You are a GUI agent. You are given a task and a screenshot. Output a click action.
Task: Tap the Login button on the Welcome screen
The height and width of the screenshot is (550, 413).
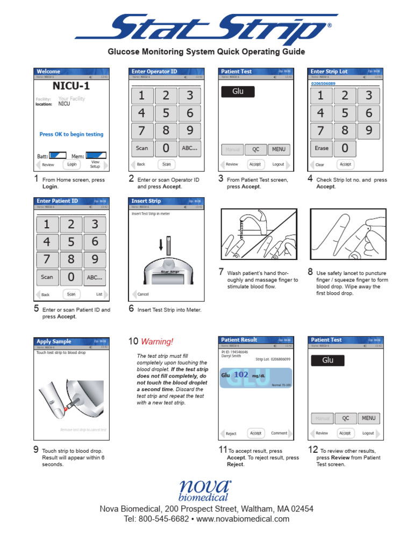[72, 164]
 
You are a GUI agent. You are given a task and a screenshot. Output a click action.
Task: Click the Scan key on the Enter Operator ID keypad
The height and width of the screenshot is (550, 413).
[142, 148]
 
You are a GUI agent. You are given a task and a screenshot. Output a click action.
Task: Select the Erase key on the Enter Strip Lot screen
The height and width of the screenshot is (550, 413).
[321, 148]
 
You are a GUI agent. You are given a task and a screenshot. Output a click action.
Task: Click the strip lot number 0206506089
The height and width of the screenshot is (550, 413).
[323, 84]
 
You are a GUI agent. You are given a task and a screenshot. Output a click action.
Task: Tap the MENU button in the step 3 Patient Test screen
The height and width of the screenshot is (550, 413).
[279, 149]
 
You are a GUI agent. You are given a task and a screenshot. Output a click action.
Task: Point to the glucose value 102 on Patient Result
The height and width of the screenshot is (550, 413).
[241, 375]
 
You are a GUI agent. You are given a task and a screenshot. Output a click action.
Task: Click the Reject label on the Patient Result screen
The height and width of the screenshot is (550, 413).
[231, 433]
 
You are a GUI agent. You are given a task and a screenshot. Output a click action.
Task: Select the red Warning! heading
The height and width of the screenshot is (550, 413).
[157, 342]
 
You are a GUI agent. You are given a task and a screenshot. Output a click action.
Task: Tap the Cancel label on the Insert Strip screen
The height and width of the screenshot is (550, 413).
[143, 294]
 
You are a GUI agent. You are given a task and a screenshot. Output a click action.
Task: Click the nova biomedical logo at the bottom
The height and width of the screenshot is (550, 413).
[205, 490]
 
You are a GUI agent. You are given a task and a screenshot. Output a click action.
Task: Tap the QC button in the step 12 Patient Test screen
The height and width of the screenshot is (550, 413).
[346, 418]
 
